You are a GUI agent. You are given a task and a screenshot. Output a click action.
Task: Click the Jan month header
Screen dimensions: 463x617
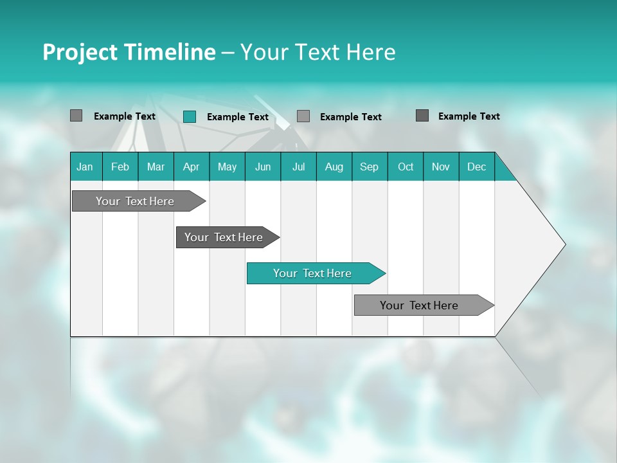coord(85,167)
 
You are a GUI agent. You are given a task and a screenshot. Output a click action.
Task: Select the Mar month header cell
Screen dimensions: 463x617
coord(156,167)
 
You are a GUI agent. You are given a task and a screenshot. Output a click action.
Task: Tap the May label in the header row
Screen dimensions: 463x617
coord(227,167)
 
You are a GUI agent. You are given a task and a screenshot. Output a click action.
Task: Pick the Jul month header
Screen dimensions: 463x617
coord(298,167)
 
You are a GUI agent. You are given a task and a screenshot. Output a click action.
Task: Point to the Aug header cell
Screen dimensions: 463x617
coord(334,167)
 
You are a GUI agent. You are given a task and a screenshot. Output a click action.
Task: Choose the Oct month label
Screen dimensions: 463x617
coord(406,167)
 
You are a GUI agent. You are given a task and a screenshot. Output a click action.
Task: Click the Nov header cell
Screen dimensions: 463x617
coord(441,167)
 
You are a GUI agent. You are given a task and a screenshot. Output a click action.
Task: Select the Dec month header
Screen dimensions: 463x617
coord(476,167)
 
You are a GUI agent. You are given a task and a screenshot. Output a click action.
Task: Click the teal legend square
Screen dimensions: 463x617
coord(190,116)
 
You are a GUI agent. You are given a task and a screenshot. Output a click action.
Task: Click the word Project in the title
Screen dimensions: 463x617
coord(79,52)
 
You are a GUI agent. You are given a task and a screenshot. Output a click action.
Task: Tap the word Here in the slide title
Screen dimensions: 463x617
coord(371,52)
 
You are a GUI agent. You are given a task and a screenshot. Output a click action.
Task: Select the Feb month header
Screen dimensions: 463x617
coord(120,167)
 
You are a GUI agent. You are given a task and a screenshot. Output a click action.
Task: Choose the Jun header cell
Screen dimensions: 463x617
coord(263,167)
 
